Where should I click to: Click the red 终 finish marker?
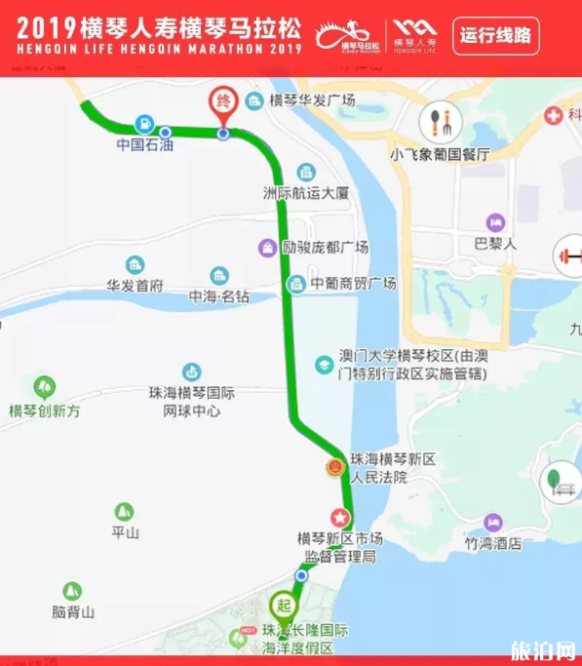tap(223, 102)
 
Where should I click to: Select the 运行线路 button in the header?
tap(496, 36)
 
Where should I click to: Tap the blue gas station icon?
tap(144, 124)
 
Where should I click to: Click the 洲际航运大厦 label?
tap(306, 193)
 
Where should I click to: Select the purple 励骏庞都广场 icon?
tap(266, 247)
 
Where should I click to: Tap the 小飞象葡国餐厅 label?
tap(439, 154)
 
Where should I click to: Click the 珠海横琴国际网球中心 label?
tap(192, 402)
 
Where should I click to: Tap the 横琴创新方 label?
tap(44, 411)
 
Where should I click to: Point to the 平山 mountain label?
tap(125, 532)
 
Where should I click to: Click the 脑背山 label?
tap(73, 612)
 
